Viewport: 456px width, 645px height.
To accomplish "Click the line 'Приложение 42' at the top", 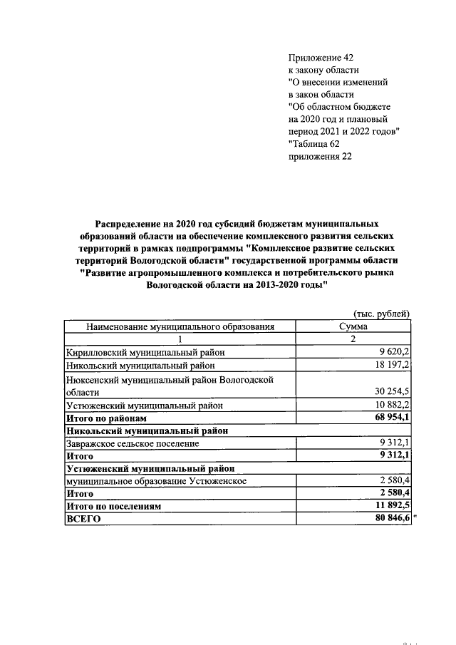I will coord(320,56).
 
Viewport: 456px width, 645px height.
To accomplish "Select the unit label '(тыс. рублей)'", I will coord(382,314).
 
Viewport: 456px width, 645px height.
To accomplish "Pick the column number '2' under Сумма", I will coord(353,339).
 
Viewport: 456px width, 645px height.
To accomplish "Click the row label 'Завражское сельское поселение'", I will coord(133,443).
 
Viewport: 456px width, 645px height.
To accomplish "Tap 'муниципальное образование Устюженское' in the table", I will coord(156,481).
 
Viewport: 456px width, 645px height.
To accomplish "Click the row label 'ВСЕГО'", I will coord(83,520).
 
